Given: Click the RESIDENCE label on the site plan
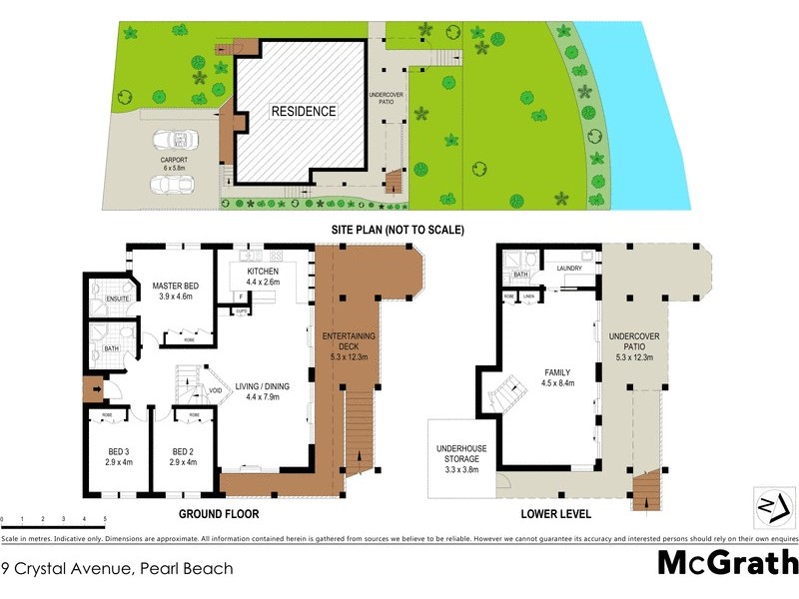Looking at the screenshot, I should (304, 111).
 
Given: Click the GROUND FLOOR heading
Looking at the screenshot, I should (219, 515).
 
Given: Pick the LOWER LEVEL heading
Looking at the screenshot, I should (555, 515).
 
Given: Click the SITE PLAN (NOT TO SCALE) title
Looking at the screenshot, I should (399, 230).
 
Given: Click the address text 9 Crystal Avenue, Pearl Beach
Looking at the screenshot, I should (117, 569).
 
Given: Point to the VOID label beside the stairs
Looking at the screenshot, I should (216, 390).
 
